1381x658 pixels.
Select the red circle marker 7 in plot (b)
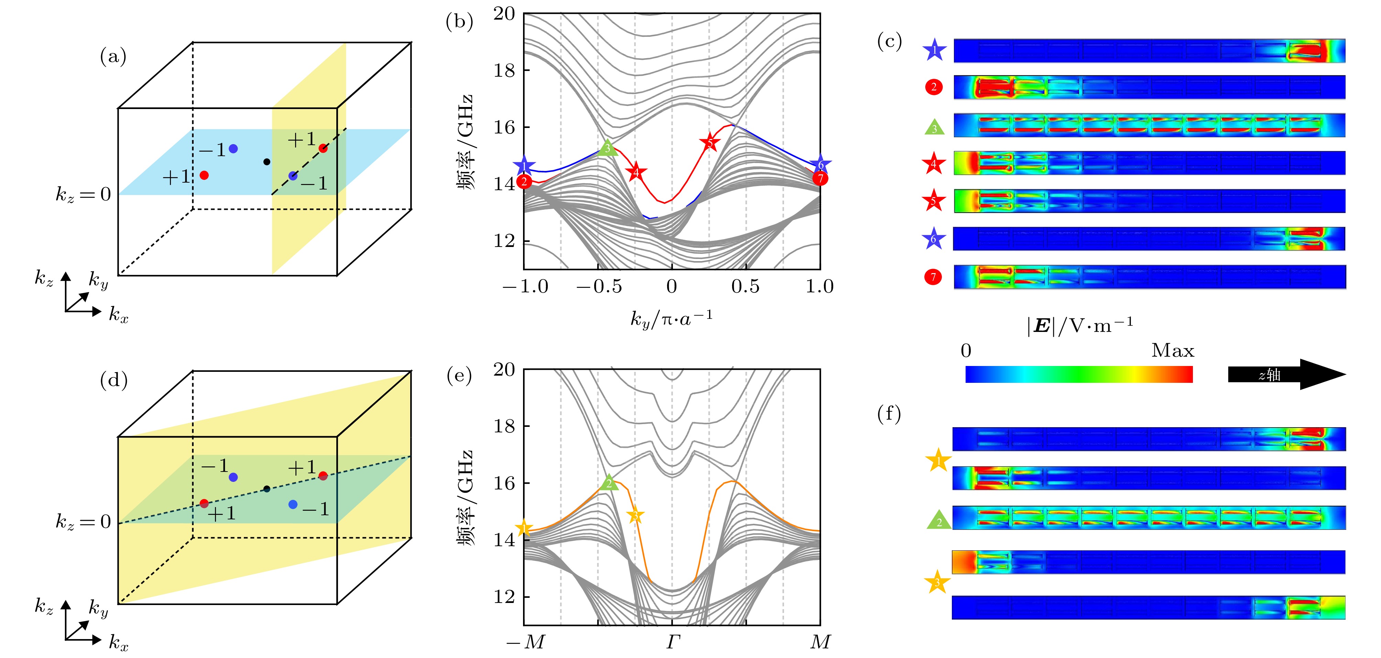(820, 178)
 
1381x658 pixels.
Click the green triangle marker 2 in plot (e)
(608, 483)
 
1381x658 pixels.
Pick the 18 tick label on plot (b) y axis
(504, 70)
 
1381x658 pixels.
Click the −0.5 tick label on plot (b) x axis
(598, 287)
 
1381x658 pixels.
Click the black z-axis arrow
(1287, 374)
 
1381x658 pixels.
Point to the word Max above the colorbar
(1173, 351)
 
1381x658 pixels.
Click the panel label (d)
(114, 380)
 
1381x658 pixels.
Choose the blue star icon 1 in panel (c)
(934, 51)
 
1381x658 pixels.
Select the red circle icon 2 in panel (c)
(934, 87)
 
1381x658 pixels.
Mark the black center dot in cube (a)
(267, 161)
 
